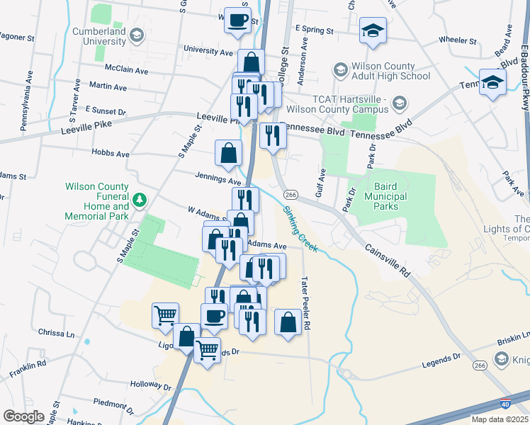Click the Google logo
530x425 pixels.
23,416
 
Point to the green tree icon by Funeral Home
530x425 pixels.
140,199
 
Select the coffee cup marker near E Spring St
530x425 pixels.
237,20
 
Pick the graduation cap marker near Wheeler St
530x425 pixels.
373,31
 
